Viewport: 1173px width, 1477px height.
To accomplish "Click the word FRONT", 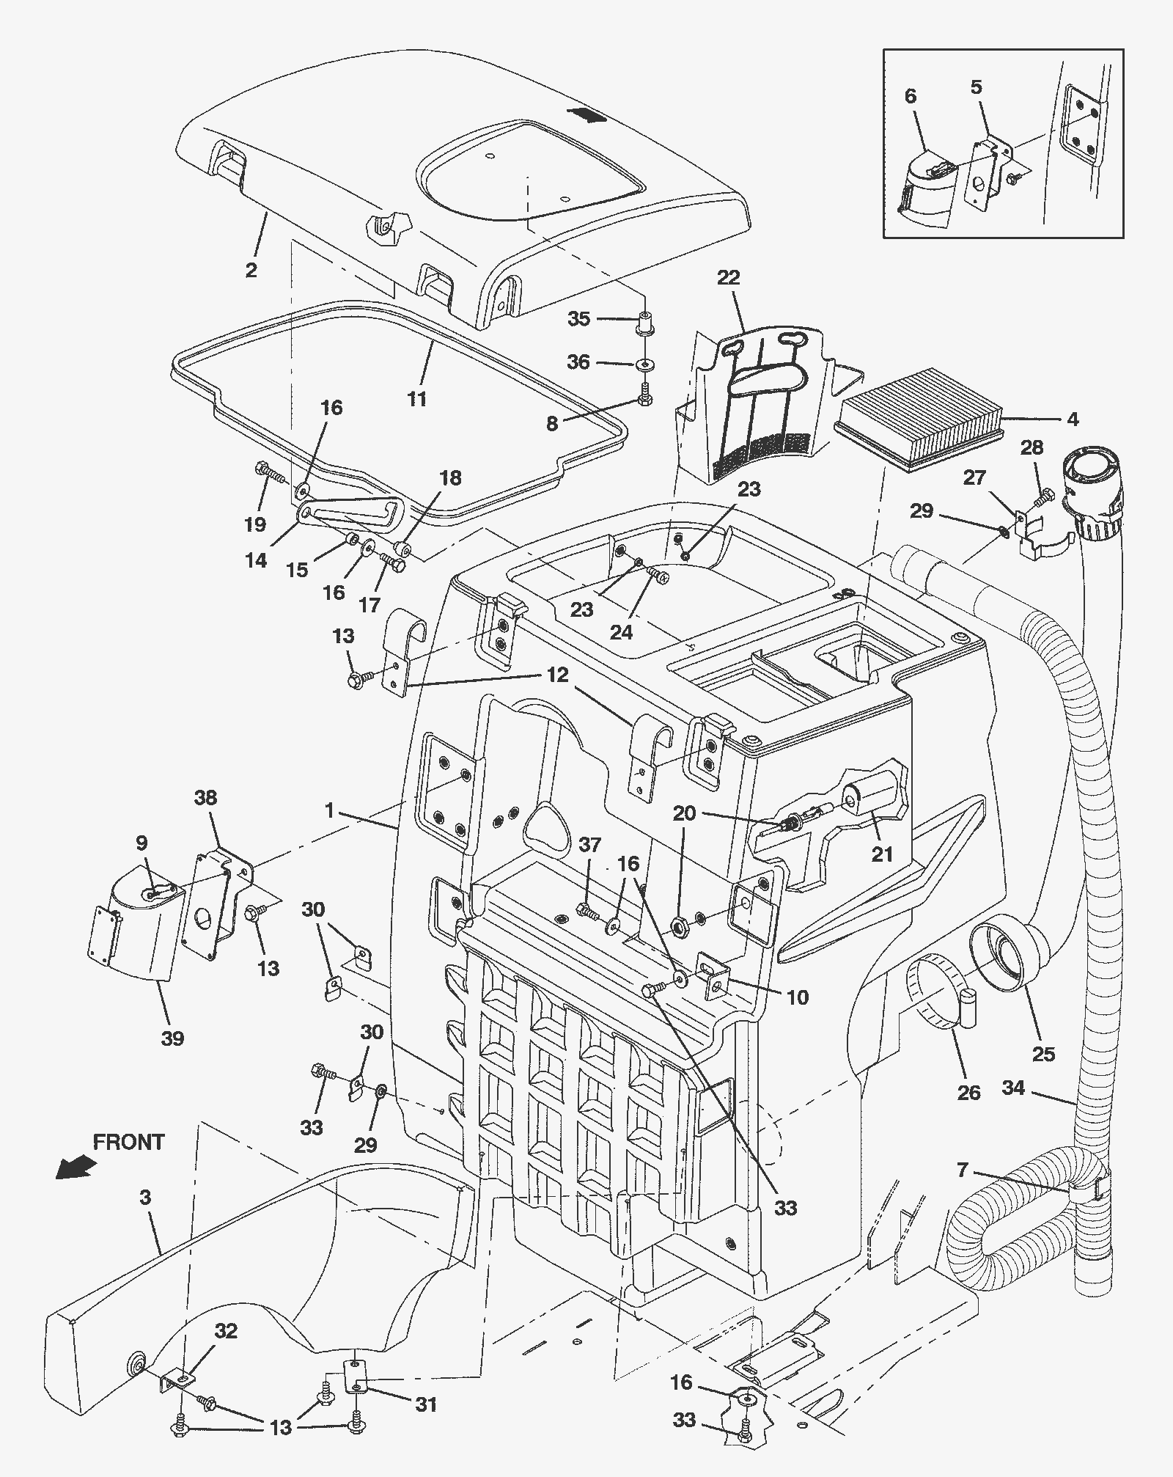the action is coord(129,1142).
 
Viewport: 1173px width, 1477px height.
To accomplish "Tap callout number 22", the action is coord(728,278).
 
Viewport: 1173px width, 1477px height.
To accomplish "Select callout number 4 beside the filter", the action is coord(1073,419).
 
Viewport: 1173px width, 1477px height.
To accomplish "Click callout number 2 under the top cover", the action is coord(251,270).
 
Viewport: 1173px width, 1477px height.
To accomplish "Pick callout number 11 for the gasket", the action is coord(417,399).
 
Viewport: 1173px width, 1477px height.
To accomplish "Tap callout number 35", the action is coord(579,319).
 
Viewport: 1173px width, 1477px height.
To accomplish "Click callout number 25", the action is coord(1043,1054).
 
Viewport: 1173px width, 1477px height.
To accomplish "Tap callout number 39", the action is coord(173,1038).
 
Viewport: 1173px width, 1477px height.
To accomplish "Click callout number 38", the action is coord(205,797).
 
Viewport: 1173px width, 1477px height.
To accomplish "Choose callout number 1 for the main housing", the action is coord(330,810).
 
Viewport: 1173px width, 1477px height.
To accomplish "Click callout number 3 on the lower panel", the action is coord(145,1198).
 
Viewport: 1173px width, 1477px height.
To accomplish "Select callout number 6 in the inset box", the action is coord(911,96).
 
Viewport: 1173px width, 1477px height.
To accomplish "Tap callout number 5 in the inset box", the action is coord(976,87).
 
